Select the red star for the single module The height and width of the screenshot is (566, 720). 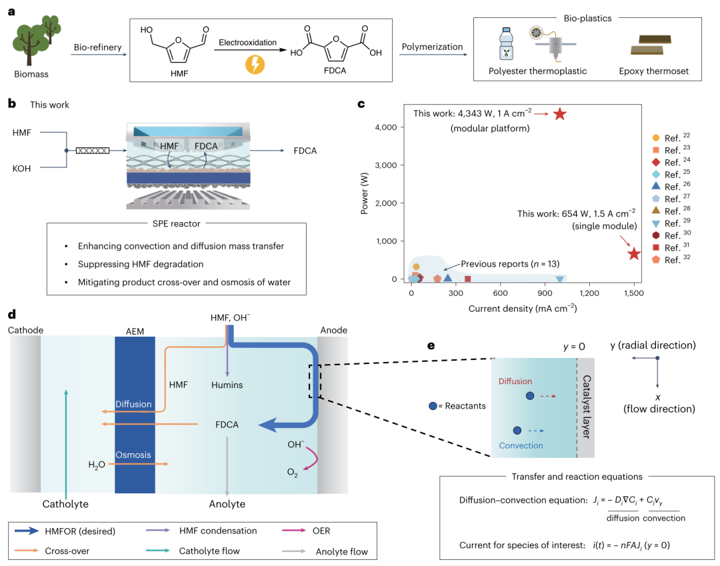point(634,253)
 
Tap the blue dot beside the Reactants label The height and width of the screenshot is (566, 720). point(433,405)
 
